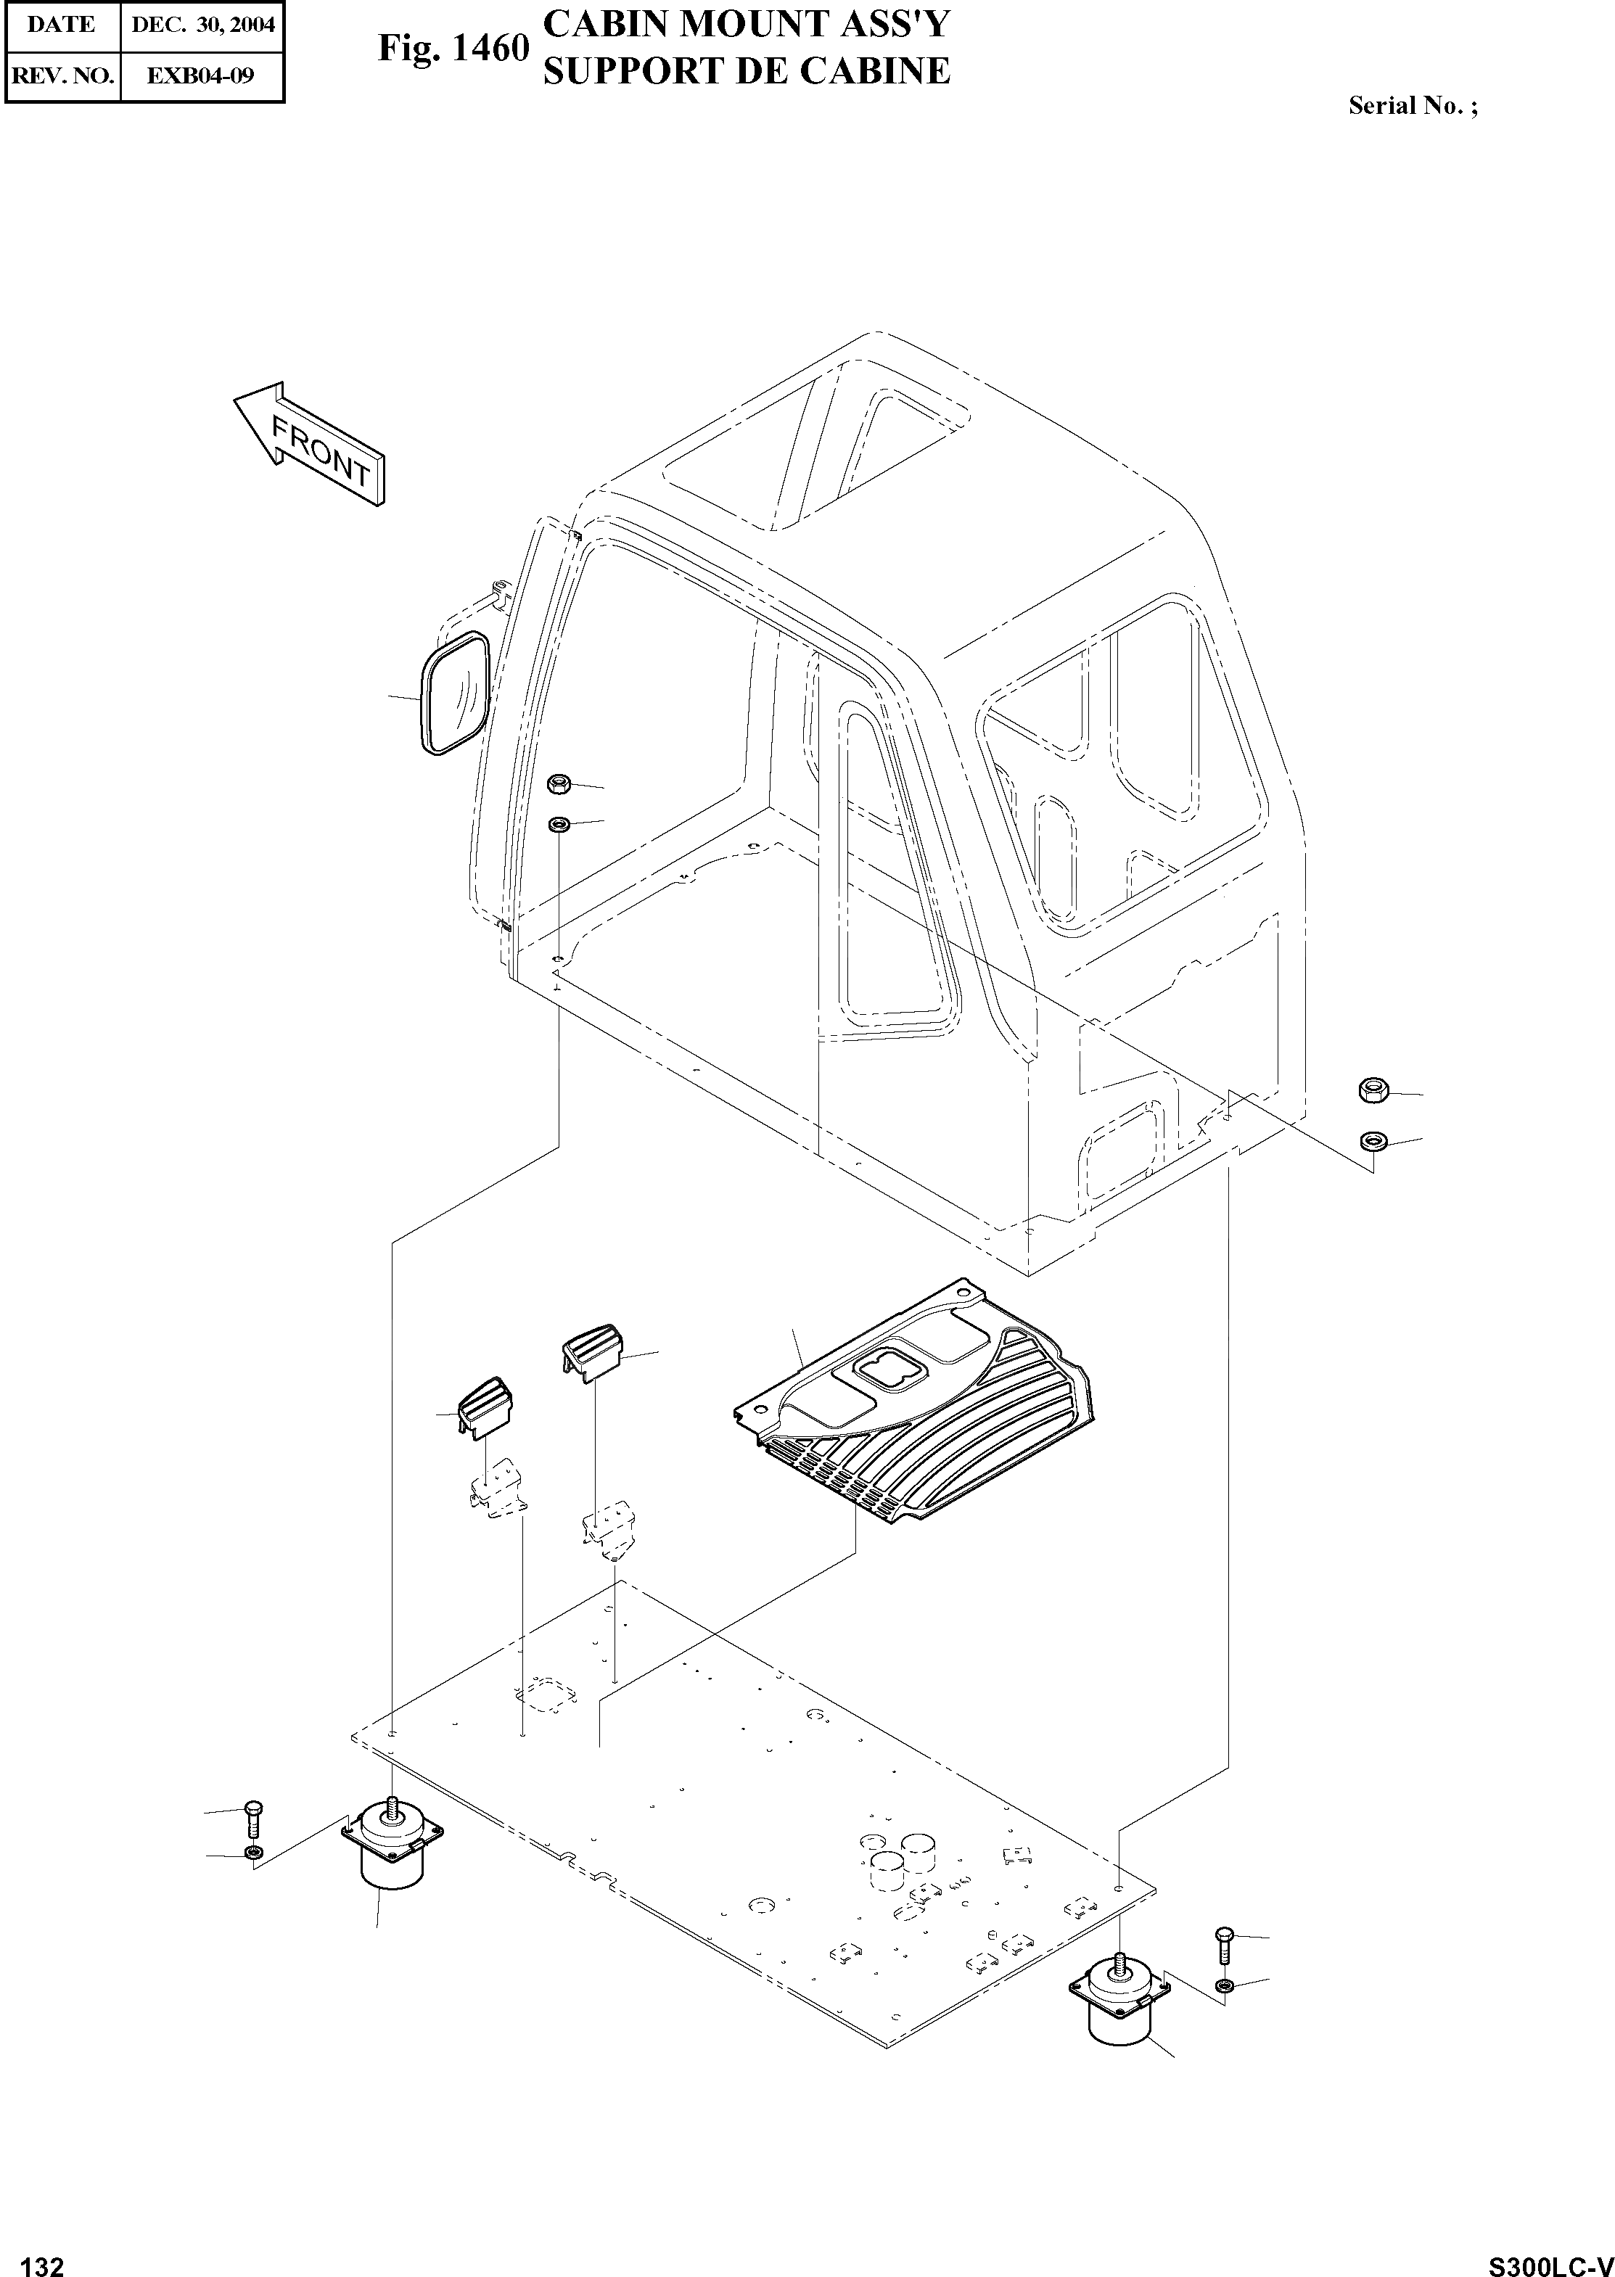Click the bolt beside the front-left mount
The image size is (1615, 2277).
tap(252, 1818)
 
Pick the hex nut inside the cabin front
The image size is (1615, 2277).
tap(558, 785)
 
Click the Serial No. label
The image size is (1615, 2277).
tap(1412, 105)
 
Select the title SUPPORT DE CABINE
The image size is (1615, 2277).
tap(746, 70)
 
